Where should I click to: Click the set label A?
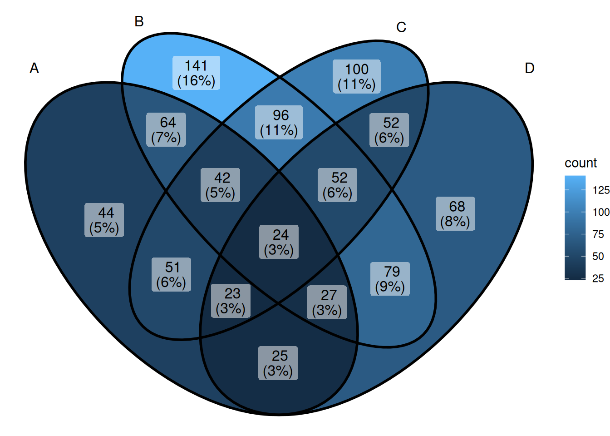pyautogui.click(x=34, y=68)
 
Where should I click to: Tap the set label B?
pyautogui.click(x=139, y=21)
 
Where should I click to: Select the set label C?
pyautogui.click(x=401, y=27)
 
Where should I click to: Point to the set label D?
pyautogui.click(x=529, y=68)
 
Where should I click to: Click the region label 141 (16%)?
pyautogui.click(x=197, y=73)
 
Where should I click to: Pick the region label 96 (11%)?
pyautogui.click(x=279, y=122)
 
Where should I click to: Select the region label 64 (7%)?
pyautogui.click(x=166, y=130)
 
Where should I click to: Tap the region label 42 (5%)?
pyautogui.click(x=220, y=185)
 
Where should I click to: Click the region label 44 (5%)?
pyautogui.click(x=104, y=220)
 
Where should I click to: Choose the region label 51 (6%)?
pyautogui.click(x=171, y=274)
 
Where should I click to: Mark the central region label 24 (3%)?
pyautogui.click(x=279, y=242)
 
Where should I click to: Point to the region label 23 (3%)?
pyautogui.click(x=231, y=301)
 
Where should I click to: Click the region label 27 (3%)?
pyautogui.click(x=327, y=302)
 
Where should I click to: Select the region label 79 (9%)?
pyautogui.click(x=390, y=279)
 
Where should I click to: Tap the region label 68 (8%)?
pyautogui.click(x=455, y=213)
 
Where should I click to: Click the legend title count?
pyautogui.click(x=580, y=163)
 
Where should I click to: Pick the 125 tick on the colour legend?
pyautogui.click(x=601, y=190)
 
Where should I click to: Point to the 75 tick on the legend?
pyautogui.click(x=598, y=234)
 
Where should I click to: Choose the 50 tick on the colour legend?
pyautogui.click(x=598, y=257)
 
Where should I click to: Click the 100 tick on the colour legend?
pyautogui.click(x=601, y=212)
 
